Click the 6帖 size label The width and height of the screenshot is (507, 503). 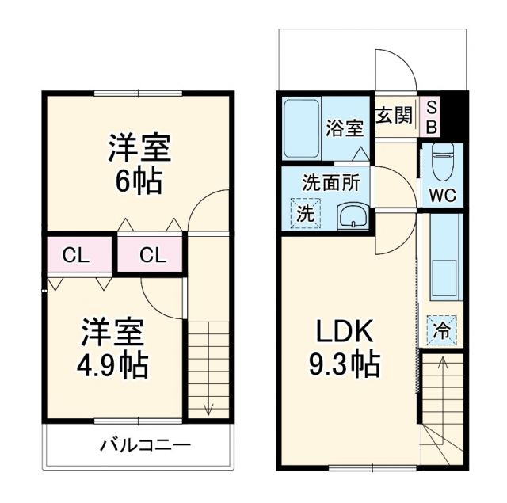tap(139, 182)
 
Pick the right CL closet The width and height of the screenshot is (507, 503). tap(152, 255)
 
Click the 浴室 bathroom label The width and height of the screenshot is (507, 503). tap(345, 127)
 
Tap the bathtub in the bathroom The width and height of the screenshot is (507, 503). tap(302, 127)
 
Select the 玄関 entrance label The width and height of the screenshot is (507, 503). tap(394, 116)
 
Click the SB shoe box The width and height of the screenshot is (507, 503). tap(432, 116)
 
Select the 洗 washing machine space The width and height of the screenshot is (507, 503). tap(305, 212)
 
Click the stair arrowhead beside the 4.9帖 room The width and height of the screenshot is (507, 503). tap(209, 410)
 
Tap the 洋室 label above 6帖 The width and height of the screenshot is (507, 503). tap(139, 148)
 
